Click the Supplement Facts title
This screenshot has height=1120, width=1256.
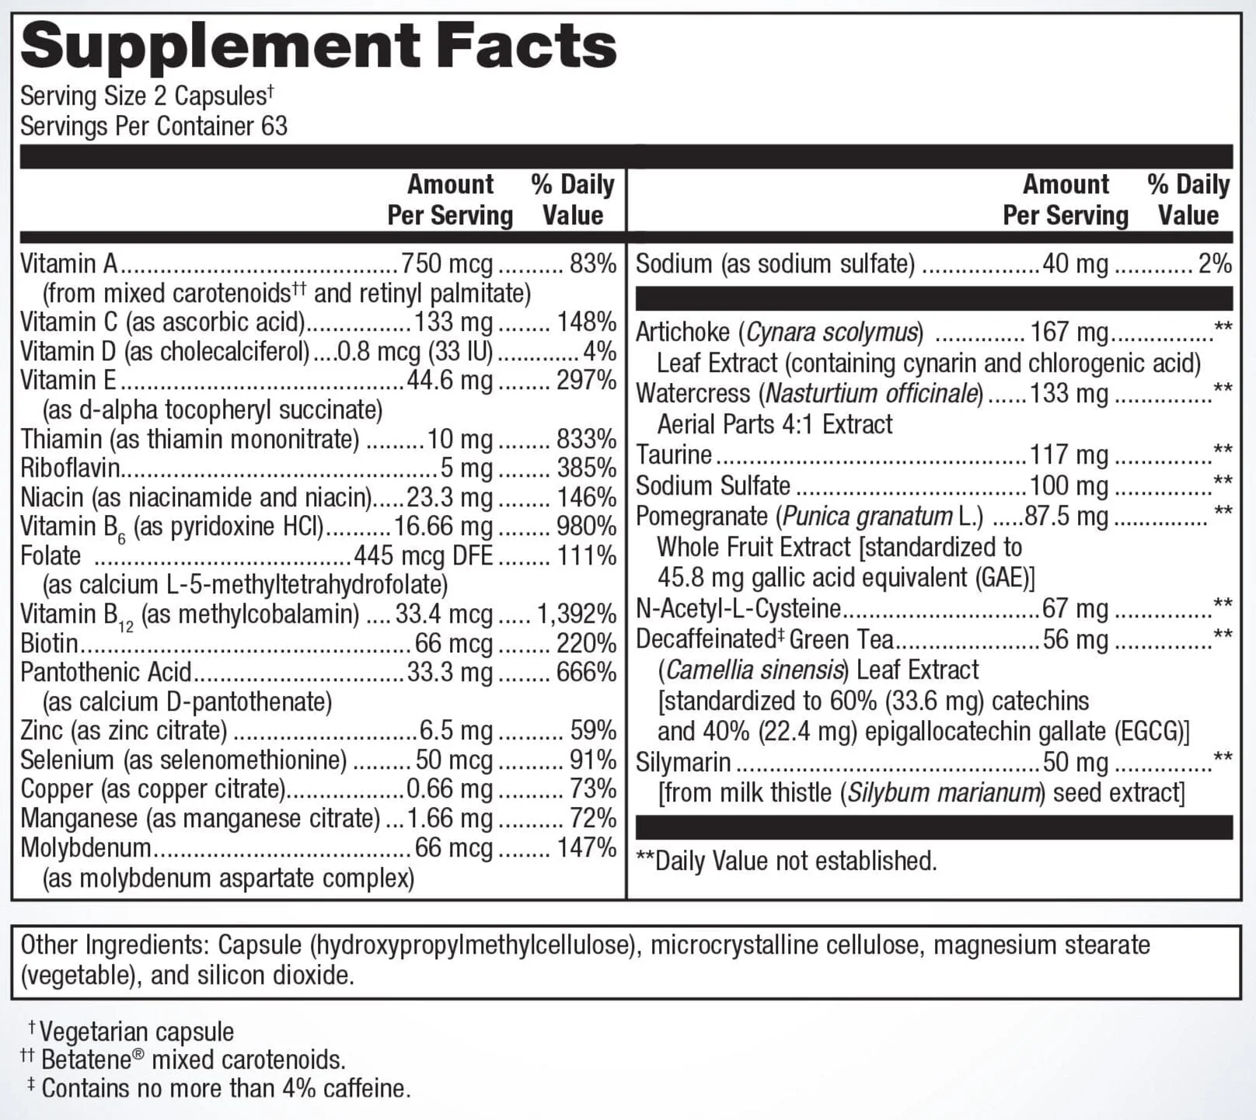tap(319, 47)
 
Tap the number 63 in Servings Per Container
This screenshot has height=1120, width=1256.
tap(274, 126)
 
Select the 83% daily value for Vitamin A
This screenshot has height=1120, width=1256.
tap(593, 264)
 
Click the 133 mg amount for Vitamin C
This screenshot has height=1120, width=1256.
tap(453, 322)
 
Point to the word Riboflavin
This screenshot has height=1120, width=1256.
tap(70, 468)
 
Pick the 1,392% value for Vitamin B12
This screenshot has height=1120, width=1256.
tap(577, 614)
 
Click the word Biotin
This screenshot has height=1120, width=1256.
tap(49, 644)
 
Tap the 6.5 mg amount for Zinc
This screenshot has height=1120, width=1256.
tap(456, 731)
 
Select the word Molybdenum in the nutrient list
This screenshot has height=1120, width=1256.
tap(85, 847)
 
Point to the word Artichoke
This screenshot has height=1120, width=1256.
tap(682, 332)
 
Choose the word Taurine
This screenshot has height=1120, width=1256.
tap(674, 454)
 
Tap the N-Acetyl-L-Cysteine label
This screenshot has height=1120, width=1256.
tap(738, 608)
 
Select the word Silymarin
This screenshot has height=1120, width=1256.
tap(683, 763)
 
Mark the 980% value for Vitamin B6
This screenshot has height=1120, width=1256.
tap(587, 527)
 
